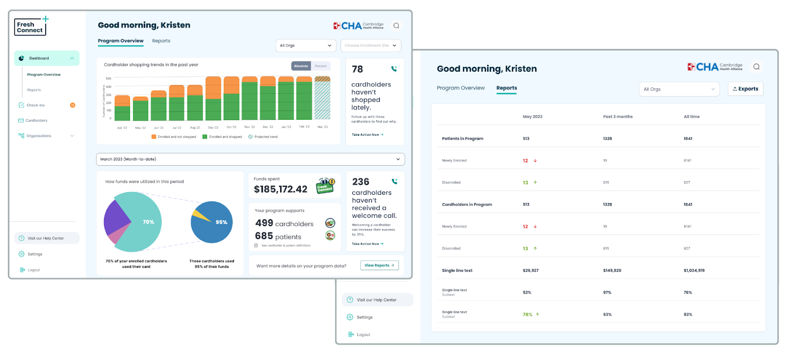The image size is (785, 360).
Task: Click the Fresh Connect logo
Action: pyautogui.click(x=30, y=27)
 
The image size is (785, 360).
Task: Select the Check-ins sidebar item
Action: pyautogui.click(x=35, y=105)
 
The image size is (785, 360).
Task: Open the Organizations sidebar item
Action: pyautogui.click(x=39, y=136)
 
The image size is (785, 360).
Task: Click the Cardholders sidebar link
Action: pyautogui.click(x=36, y=121)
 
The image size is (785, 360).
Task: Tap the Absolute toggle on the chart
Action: pyautogui.click(x=301, y=66)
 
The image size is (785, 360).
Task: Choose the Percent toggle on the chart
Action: pyautogui.click(x=320, y=66)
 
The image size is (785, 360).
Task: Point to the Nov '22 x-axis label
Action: pyautogui.click(x=250, y=127)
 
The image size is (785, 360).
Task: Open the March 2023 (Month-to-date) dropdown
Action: pyautogui.click(x=250, y=159)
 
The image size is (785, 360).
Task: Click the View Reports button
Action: pyautogui.click(x=379, y=265)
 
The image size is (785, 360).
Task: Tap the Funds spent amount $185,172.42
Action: pyautogui.click(x=281, y=189)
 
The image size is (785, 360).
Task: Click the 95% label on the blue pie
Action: pyautogui.click(x=221, y=222)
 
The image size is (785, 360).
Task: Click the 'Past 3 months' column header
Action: pyautogui.click(x=618, y=117)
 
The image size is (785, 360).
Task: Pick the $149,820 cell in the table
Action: pyautogui.click(x=612, y=271)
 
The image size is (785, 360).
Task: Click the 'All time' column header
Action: pyautogui.click(x=692, y=117)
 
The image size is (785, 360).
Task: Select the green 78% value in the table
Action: pyautogui.click(x=527, y=315)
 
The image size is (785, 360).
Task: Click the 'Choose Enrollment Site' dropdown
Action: pyautogui.click(x=370, y=46)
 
